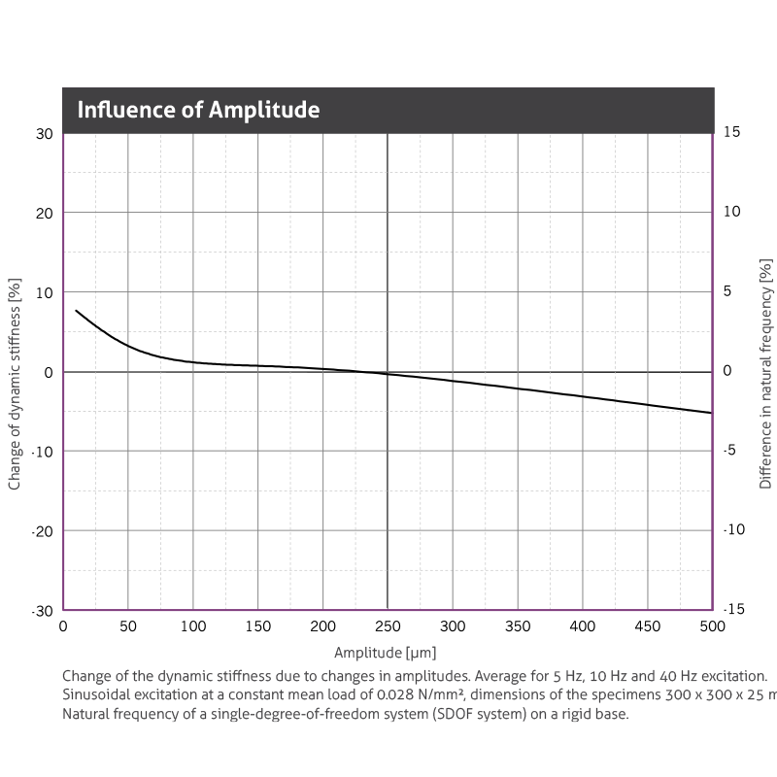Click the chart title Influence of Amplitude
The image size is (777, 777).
pyautogui.click(x=198, y=110)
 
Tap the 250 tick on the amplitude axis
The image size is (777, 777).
pyautogui.click(x=388, y=627)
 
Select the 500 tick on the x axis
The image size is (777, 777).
pyautogui.click(x=712, y=627)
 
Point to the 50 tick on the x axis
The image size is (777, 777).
pyautogui.click(x=128, y=627)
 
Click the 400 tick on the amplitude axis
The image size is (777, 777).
pyautogui.click(x=583, y=627)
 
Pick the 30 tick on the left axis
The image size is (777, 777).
pyautogui.click(x=45, y=133)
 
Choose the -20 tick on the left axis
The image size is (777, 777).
pyautogui.click(x=42, y=530)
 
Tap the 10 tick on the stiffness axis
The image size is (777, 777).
pyautogui.click(x=45, y=292)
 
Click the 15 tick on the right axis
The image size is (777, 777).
pyautogui.click(x=733, y=132)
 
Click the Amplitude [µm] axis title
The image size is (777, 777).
pyautogui.click(x=388, y=653)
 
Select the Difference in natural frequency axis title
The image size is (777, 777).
pyautogui.click(x=765, y=373)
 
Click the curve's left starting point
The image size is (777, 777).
pyautogui.click(x=76, y=311)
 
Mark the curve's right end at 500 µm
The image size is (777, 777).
pyautogui.click(x=712, y=413)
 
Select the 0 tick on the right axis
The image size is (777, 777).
pyautogui.click(x=727, y=371)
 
